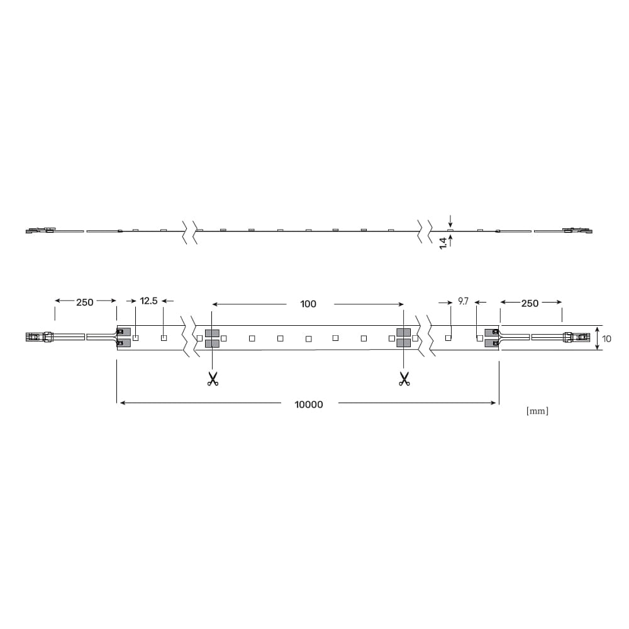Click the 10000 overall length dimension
pos(308,404)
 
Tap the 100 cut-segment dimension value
pos(308,304)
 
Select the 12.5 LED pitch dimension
pos(148,301)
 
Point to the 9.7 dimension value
pos(464,301)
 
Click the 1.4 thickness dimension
pos(443,243)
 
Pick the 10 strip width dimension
pos(606,339)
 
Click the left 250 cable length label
pos(85,302)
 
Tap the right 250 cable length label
pos(530,303)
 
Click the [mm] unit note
pos(537,411)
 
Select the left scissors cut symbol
pos(213,379)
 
